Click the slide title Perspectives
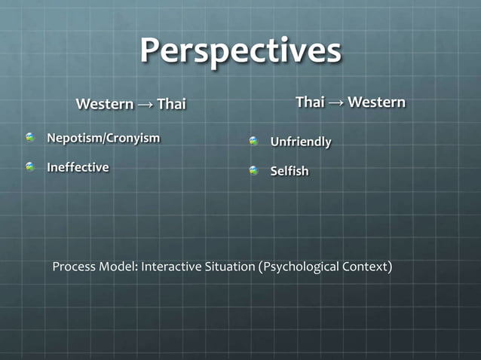[240, 51]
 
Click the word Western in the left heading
[105, 104]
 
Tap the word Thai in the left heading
[171, 104]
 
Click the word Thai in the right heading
[310, 102]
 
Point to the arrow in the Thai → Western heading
[336, 102]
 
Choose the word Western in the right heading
[376, 102]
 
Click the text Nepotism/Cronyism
[103, 138]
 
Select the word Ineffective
[78, 166]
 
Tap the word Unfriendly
[301, 142]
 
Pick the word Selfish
[290, 171]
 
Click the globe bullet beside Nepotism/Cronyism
[30, 138]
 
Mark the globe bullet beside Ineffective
[30, 166]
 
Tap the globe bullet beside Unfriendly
[254, 142]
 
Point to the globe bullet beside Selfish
[254, 171]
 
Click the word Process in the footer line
[74, 267]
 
